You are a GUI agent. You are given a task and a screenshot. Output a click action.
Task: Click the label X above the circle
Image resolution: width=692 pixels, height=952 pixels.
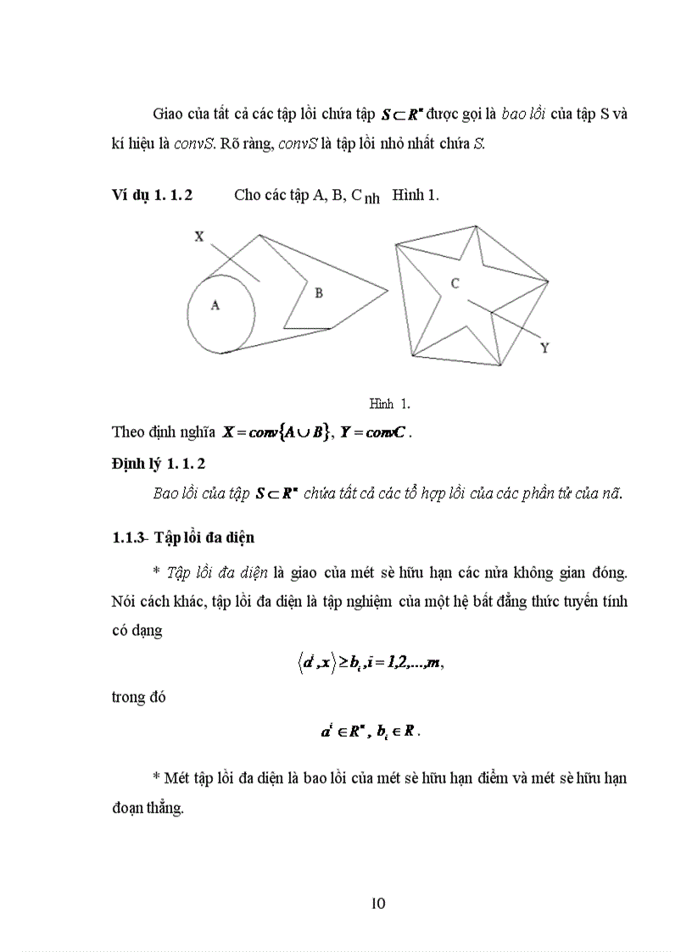pyautogui.click(x=198, y=237)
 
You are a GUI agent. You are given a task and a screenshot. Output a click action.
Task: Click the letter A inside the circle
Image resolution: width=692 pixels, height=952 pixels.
pyautogui.click(x=215, y=306)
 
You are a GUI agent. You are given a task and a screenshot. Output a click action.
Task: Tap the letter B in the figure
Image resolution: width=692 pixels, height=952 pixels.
pyautogui.click(x=319, y=293)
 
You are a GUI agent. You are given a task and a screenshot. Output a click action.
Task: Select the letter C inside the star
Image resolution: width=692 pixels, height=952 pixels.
pyautogui.click(x=455, y=284)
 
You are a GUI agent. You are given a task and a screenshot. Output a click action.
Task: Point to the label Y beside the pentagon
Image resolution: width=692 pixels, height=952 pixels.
pyautogui.click(x=544, y=348)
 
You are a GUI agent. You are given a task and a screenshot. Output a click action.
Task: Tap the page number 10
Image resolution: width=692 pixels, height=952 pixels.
pyautogui.click(x=378, y=903)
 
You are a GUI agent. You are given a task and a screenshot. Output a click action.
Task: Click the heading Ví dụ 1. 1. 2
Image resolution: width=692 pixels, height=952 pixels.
pyautogui.click(x=152, y=195)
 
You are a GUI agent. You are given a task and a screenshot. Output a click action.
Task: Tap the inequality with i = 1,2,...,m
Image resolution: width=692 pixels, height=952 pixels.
pyautogui.click(x=366, y=665)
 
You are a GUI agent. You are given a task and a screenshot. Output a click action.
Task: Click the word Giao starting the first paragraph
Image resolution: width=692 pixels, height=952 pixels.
pyautogui.click(x=170, y=114)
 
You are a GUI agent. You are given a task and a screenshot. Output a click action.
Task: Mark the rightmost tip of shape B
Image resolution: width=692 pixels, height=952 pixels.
pyautogui.click(x=388, y=291)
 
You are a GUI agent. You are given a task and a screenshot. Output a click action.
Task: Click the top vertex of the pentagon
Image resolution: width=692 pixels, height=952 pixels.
pyautogui.click(x=477, y=225)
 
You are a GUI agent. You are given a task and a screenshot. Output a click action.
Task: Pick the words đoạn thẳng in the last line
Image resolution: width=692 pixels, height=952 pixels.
pyautogui.click(x=147, y=809)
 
